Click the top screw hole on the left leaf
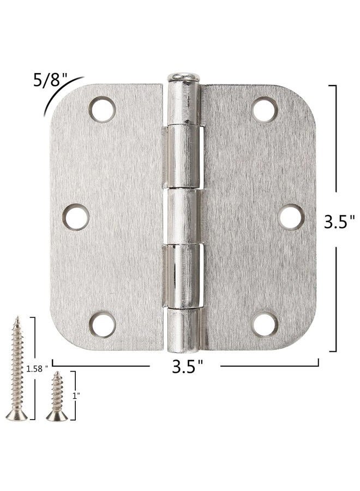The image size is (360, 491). [103, 109]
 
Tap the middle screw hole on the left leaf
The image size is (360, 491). [76, 217]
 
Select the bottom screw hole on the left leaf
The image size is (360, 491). [103, 324]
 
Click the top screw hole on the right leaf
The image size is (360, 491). [265, 109]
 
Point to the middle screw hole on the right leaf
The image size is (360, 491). [291, 217]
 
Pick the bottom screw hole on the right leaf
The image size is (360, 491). [265, 324]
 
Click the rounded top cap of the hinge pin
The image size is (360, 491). [183, 77]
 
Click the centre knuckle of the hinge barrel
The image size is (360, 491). [183, 217]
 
